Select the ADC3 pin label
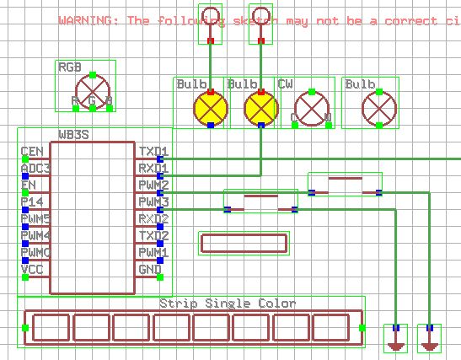tap(35, 169)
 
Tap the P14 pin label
tap(31, 202)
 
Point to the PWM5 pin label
tap(35, 219)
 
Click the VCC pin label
tap(31, 270)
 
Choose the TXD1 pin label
tap(153, 152)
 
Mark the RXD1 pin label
tap(153, 169)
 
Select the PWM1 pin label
tap(153, 253)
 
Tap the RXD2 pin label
tap(153, 219)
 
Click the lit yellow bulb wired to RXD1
tap(261, 108)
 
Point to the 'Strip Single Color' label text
tap(228, 304)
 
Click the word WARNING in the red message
tap(88, 20)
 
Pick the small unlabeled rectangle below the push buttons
tap(244, 244)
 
